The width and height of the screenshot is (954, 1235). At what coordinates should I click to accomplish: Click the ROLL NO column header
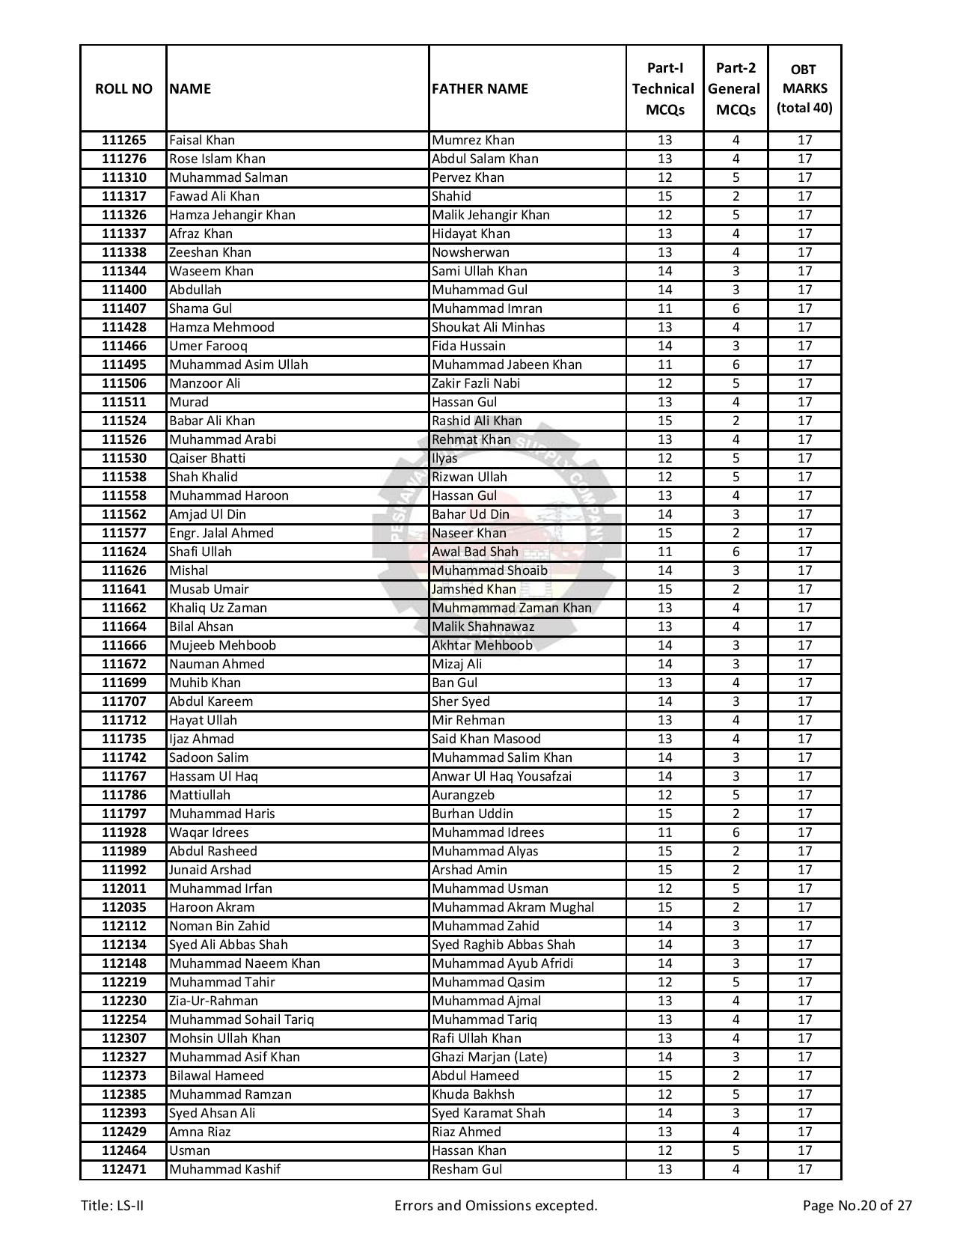[123, 88]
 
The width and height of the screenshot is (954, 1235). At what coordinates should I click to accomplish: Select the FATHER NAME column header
[480, 88]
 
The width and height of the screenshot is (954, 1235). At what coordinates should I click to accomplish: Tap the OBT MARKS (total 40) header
[804, 88]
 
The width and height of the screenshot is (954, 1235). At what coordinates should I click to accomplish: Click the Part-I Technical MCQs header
[664, 88]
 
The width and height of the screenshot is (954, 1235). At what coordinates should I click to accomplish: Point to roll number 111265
[123, 140]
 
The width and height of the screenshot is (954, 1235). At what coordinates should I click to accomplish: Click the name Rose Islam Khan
[217, 159]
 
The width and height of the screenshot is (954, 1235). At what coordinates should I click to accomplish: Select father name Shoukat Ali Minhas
[488, 327]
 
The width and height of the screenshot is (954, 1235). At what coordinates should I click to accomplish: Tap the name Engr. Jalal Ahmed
[221, 533]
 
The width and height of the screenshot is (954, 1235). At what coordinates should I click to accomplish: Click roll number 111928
[123, 832]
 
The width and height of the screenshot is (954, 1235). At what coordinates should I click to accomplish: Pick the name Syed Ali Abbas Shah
[228, 945]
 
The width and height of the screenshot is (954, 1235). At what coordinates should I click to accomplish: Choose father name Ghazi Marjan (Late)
[489, 1057]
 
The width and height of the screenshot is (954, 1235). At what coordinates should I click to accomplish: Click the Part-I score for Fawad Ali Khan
[664, 196]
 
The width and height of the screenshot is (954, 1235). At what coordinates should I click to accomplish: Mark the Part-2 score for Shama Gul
[736, 308]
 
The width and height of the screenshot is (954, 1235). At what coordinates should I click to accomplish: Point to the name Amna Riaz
[200, 1132]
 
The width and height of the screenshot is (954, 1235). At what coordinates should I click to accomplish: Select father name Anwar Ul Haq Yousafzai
[501, 776]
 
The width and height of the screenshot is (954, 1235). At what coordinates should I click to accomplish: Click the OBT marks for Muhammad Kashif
[804, 1169]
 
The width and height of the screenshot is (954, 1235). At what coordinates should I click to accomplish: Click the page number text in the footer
[857, 1205]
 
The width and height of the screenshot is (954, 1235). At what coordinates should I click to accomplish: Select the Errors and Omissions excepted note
[495, 1205]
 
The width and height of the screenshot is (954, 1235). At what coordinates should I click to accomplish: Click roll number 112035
[123, 907]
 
